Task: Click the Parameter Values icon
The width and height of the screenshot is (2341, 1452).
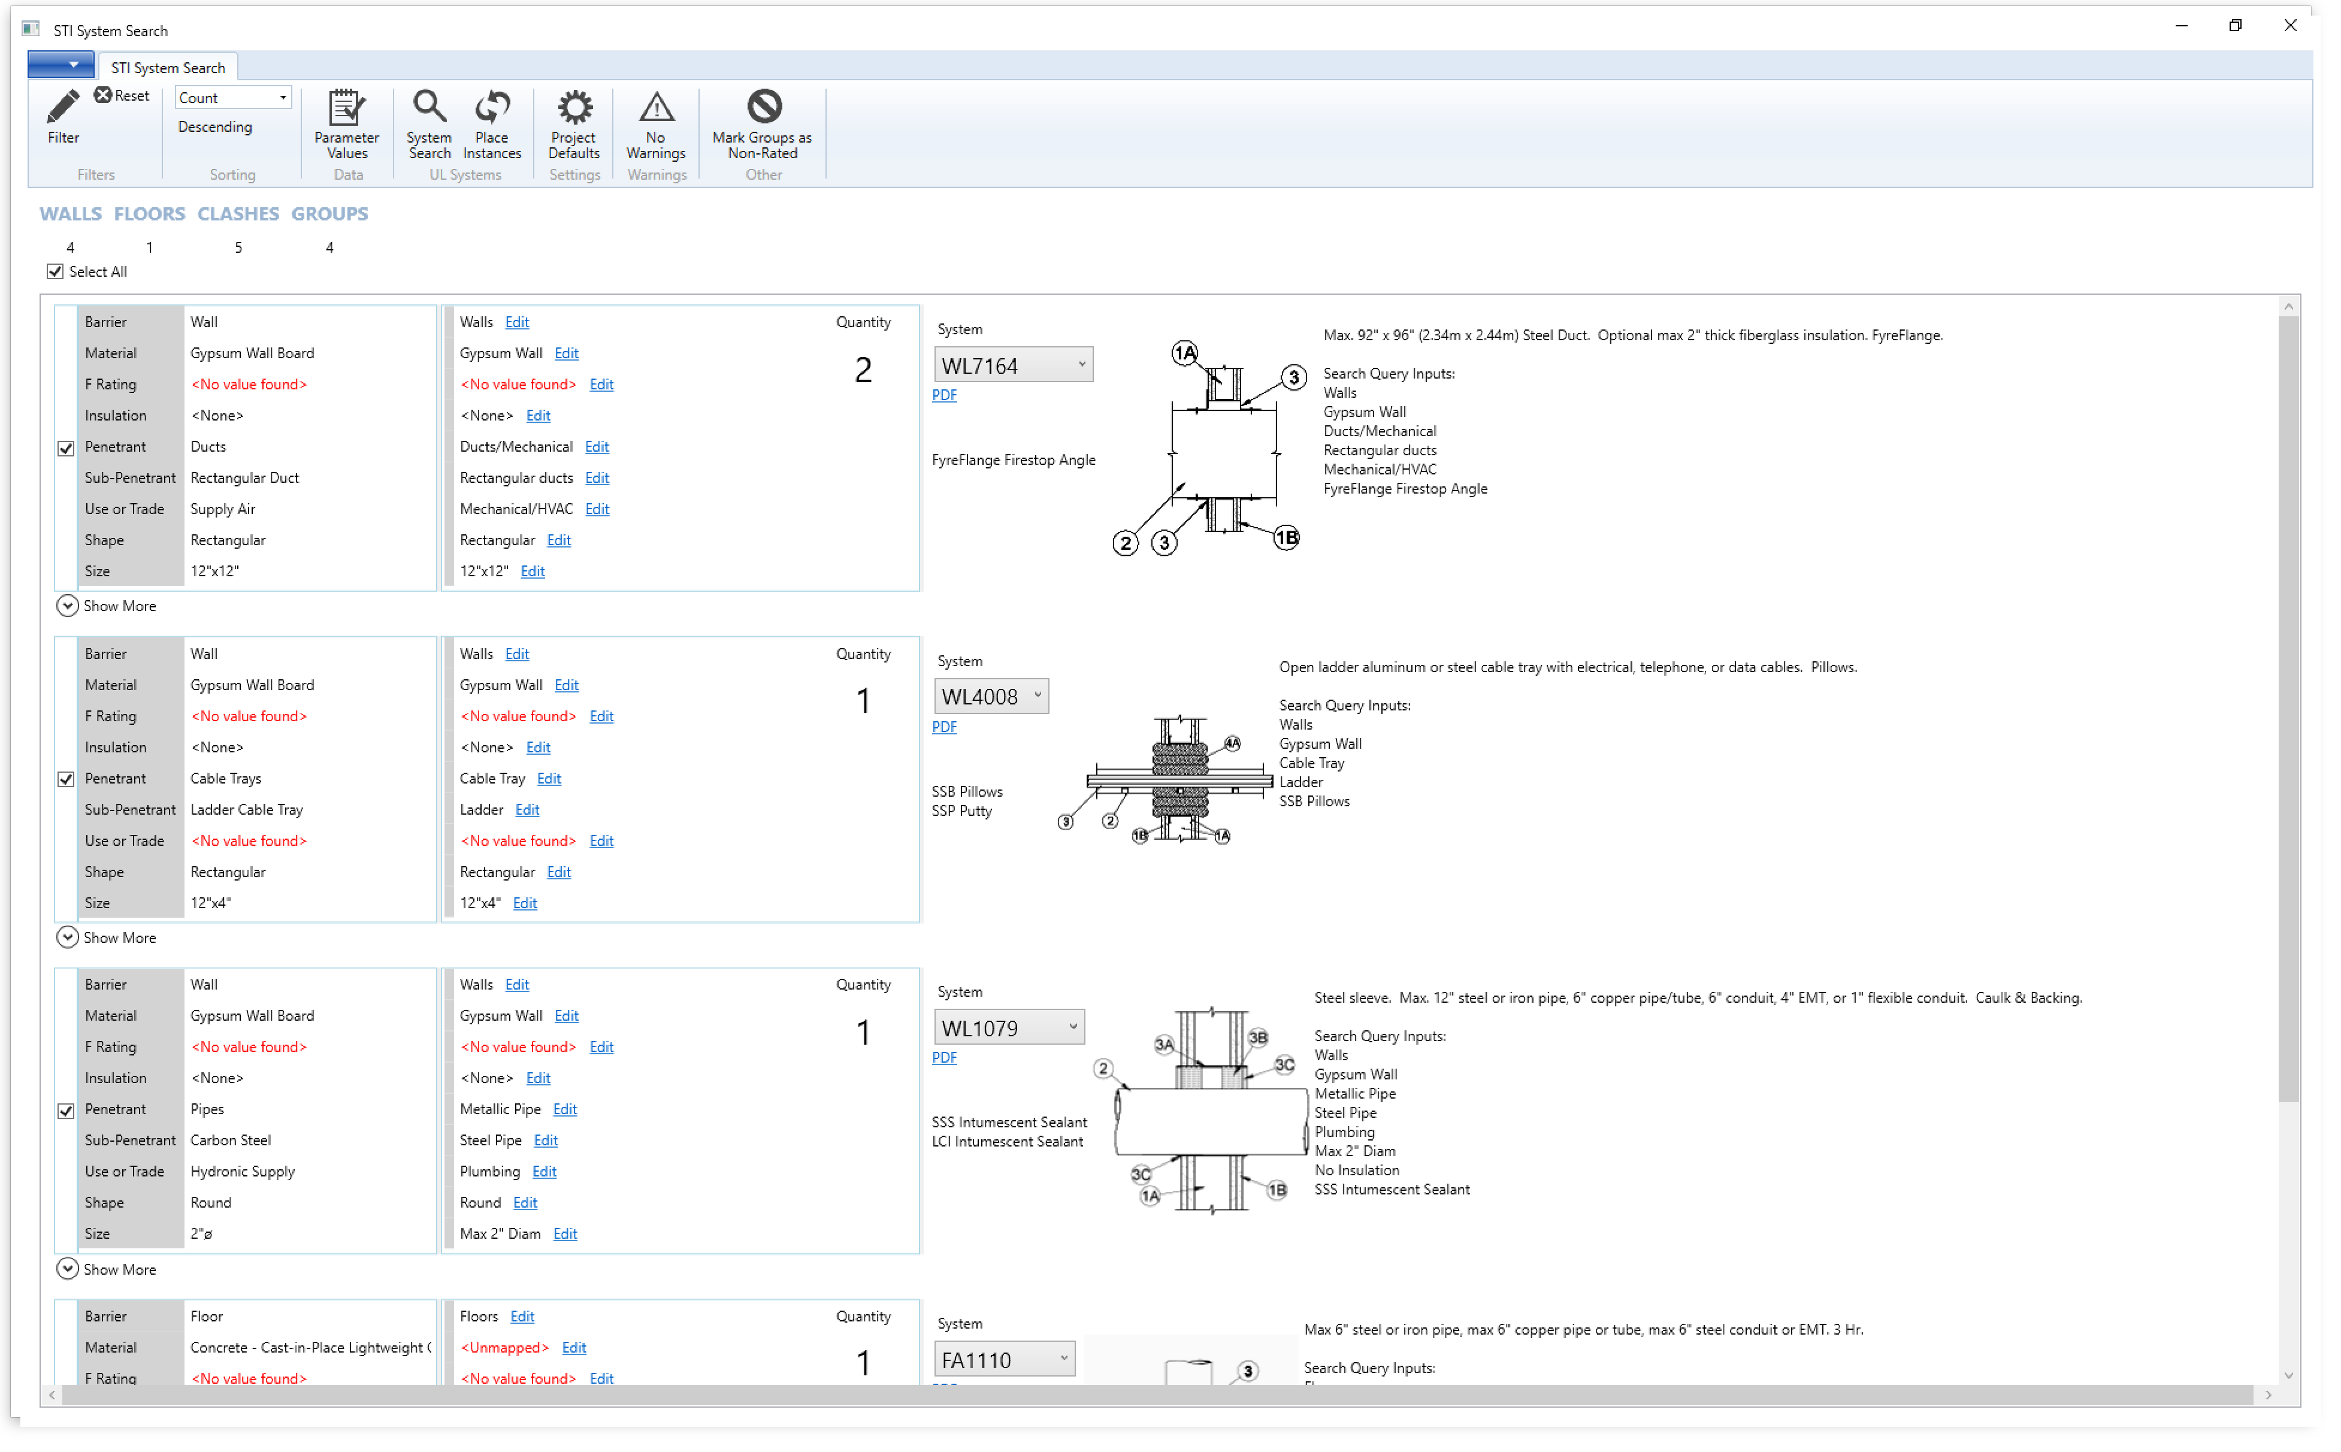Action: [x=346, y=107]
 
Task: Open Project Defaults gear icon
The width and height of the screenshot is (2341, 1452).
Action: [x=574, y=107]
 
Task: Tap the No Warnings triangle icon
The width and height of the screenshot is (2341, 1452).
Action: [x=656, y=107]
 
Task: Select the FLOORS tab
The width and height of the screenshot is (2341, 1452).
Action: [x=149, y=213]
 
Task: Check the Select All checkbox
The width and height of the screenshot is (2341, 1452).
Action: [x=55, y=272]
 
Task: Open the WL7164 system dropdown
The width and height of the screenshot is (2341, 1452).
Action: [x=1013, y=365]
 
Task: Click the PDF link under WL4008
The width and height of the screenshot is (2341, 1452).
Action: [x=944, y=727]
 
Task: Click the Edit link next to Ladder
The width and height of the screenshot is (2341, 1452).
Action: [x=527, y=809]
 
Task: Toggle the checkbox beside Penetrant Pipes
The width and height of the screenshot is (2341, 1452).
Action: [x=65, y=1111]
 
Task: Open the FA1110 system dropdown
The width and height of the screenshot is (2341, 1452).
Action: [x=1003, y=1359]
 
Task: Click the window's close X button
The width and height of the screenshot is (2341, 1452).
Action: [x=2290, y=26]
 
